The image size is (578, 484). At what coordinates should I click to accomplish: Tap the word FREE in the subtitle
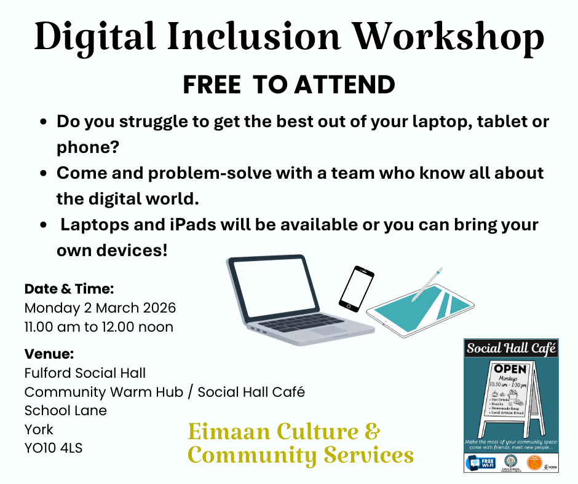212,85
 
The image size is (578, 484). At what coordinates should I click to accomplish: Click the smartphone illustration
356,288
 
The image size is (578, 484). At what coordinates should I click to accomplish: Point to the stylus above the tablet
427,284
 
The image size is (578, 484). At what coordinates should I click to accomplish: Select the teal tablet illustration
418,313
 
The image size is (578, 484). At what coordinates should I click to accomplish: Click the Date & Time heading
69,288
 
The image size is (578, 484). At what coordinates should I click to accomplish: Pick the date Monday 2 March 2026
100,307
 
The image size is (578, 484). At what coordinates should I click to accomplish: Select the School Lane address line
66,410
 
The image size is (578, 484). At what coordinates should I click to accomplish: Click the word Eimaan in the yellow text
230,432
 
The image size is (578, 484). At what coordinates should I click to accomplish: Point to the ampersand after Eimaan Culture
373,432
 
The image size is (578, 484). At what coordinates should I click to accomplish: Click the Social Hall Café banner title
512,349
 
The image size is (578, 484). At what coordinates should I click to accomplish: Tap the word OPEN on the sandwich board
510,369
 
